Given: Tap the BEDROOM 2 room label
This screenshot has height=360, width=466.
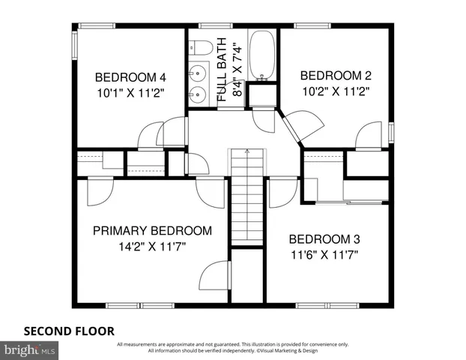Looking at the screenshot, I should pos(336,75).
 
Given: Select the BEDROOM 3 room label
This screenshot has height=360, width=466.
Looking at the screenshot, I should pos(324,239).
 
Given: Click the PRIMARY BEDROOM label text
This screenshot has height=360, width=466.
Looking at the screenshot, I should pos(151,230).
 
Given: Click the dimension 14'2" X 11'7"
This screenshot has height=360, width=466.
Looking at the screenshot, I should pos(151,245).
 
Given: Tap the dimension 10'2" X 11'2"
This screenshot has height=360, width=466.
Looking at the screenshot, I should pos(336,90).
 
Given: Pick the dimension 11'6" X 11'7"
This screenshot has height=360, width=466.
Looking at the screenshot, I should pos(324,254).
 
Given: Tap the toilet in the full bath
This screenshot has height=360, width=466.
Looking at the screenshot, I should pos(199,48).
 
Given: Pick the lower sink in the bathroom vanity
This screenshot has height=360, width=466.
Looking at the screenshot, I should pos(199,94).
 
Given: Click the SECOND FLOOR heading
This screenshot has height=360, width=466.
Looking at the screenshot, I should pos(69,330).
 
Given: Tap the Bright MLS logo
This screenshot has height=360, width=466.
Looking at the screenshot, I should pos(30,349).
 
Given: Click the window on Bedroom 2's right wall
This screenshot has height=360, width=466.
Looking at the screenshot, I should pos(391,131).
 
